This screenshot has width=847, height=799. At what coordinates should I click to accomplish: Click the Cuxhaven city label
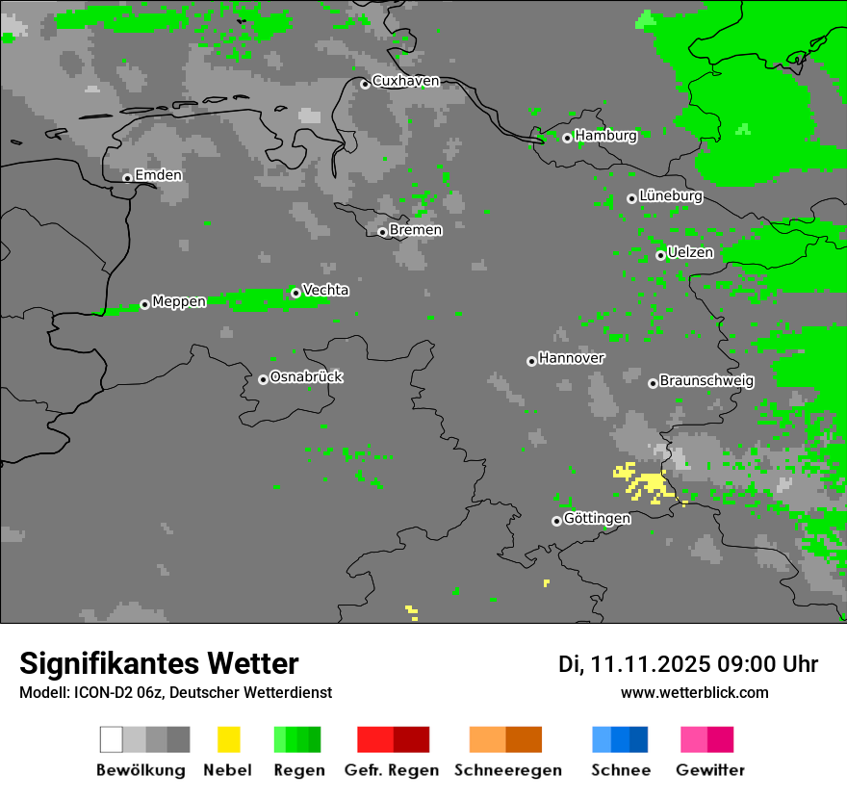click(x=405, y=81)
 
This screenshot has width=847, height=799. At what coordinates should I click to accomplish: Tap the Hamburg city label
click(x=605, y=136)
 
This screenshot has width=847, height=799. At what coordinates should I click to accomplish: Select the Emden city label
click(x=158, y=175)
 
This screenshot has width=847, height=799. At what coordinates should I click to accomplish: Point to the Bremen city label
click(x=416, y=230)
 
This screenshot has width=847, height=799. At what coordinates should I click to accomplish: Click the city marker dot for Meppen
click(x=144, y=304)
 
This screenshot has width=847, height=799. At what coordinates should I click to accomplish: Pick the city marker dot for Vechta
click(x=295, y=293)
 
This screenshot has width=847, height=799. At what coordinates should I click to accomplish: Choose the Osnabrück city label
click(x=306, y=376)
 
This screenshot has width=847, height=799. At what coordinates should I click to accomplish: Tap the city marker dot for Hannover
click(x=531, y=361)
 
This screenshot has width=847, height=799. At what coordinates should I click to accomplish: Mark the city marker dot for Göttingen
click(x=556, y=521)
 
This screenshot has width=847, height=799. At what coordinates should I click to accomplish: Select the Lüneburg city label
click(x=670, y=195)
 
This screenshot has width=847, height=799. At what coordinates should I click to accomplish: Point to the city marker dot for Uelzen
click(x=660, y=255)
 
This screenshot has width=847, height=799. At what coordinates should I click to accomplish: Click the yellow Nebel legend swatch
click(x=228, y=739)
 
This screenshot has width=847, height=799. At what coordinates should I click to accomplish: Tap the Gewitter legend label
click(x=710, y=770)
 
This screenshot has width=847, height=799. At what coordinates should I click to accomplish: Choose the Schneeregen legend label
click(x=508, y=770)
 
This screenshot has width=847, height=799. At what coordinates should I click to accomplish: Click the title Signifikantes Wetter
click(x=159, y=663)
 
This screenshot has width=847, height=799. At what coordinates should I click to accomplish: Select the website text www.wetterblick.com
click(x=694, y=692)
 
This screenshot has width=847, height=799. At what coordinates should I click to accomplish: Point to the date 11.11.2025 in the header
click(x=651, y=664)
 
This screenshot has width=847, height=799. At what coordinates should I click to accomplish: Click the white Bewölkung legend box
click(x=111, y=739)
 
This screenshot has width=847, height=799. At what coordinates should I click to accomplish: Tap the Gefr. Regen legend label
click(x=392, y=770)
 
